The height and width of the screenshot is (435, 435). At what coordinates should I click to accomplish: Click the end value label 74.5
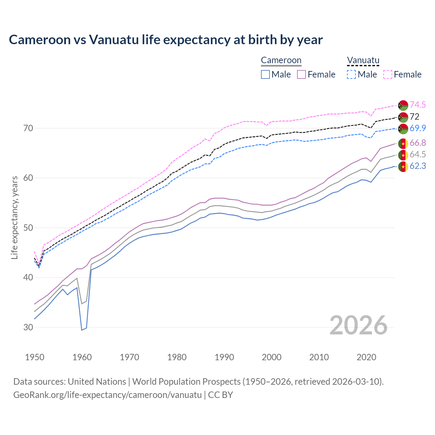418,105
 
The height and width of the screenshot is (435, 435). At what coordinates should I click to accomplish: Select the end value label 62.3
418,166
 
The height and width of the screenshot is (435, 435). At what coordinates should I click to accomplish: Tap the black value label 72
415,117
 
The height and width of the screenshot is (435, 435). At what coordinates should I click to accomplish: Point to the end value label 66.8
418,143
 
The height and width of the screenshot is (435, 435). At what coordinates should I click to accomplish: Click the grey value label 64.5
418,154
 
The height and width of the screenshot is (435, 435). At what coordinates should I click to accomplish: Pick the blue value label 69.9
418,128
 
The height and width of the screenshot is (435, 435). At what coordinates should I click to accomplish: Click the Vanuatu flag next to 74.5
403,105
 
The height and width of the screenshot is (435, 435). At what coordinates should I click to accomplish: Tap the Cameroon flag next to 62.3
403,167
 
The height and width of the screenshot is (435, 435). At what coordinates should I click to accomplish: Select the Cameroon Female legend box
301,74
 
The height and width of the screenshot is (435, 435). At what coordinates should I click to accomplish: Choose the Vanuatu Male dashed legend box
351,74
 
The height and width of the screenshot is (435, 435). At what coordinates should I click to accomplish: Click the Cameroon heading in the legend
281,60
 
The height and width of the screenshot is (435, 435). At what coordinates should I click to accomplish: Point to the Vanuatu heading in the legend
363,60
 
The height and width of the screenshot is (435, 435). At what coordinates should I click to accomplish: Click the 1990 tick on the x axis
224,357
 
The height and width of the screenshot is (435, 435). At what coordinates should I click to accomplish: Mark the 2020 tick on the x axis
366,357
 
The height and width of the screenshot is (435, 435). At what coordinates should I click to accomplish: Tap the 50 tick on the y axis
28,228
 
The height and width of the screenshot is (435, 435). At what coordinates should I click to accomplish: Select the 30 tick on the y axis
28,327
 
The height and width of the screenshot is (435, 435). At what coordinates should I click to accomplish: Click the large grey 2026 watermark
359,325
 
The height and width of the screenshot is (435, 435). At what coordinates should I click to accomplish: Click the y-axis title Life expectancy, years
14,217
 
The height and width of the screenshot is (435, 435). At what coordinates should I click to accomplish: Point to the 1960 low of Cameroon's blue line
82,330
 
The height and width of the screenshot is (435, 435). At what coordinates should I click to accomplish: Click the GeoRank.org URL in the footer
107,395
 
